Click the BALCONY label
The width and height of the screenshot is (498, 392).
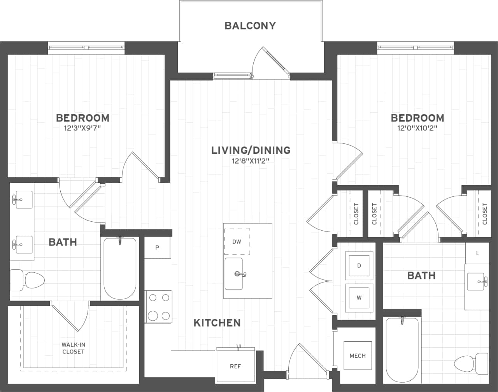click(x=250, y=26)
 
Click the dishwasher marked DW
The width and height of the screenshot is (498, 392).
click(x=237, y=242)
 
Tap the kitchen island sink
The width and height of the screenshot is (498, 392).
click(x=234, y=274)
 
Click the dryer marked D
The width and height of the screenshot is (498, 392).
click(x=359, y=265)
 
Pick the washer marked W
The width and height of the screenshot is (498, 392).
click(x=359, y=298)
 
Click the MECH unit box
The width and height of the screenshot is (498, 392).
click(x=358, y=356)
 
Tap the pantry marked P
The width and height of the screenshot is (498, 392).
click(x=157, y=247)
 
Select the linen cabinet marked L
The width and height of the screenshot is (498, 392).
click(x=477, y=253)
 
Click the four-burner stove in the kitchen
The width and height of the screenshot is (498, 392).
click(x=159, y=307)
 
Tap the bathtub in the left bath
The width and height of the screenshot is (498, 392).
click(x=120, y=268)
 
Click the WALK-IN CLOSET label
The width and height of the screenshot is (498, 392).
click(x=73, y=348)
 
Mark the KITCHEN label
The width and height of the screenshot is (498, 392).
click(x=217, y=323)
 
